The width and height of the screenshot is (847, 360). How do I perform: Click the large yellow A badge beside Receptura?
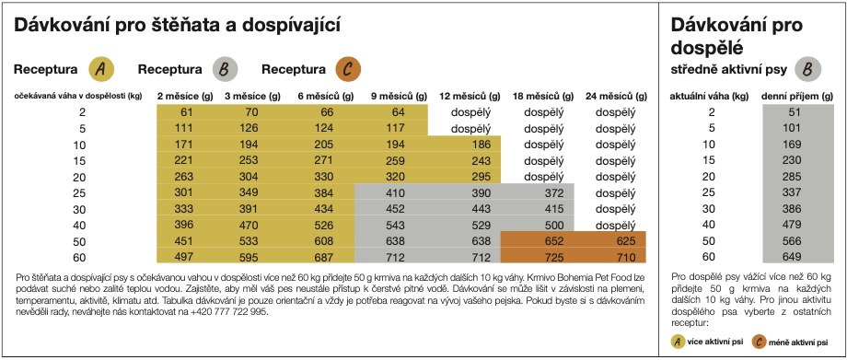point(101,68)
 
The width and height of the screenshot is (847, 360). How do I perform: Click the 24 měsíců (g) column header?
point(610,96)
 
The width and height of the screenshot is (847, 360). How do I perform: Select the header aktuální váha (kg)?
point(711,96)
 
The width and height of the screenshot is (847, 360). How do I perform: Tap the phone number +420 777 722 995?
point(225,312)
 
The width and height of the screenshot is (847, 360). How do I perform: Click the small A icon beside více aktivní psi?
point(679,342)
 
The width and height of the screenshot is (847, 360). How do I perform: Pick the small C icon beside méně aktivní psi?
point(758,342)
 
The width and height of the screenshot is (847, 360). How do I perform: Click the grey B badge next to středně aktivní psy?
point(806,68)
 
